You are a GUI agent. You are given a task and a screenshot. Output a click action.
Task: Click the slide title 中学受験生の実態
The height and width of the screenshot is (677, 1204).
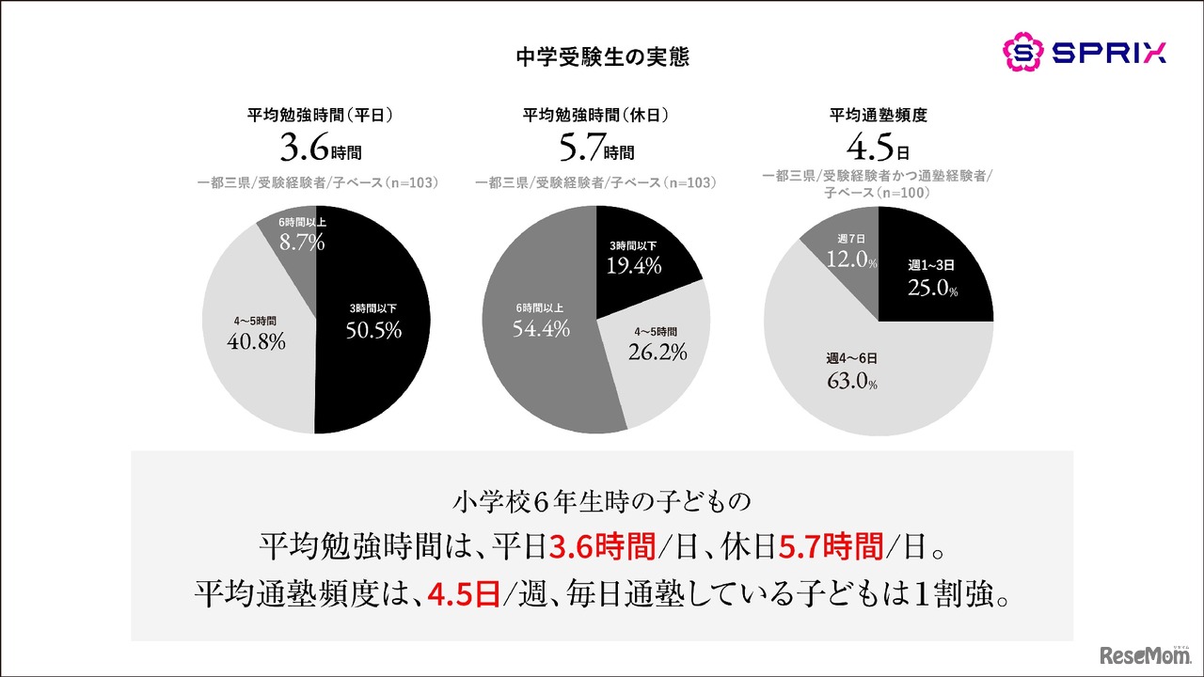coord(603,57)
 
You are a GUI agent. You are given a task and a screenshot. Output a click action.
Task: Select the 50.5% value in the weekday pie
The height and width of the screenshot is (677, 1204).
coord(373,330)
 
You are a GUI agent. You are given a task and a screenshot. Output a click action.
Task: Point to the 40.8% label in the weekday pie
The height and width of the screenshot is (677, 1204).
coord(256,342)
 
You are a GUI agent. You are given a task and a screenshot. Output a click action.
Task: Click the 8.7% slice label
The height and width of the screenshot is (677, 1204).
coord(302,243)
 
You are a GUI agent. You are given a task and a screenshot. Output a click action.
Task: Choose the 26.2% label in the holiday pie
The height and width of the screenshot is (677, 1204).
coord(657,352)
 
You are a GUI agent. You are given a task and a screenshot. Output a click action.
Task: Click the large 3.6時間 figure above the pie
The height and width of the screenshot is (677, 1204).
coord(320,149)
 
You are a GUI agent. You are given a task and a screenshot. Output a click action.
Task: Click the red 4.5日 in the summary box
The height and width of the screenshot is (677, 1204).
coord(463,595)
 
